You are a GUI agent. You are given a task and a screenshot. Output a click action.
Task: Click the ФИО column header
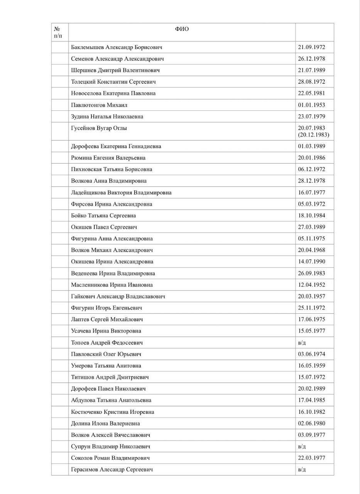(x=182, y=29)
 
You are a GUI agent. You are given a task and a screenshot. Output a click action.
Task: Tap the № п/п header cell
(x=58, y=32)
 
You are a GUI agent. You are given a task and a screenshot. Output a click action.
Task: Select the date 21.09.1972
(x=311, y=47)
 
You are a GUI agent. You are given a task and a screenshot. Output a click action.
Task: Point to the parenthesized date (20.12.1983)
(x=313, y=135)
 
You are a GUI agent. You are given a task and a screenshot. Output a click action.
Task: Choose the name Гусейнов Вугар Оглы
(x=99, y=128)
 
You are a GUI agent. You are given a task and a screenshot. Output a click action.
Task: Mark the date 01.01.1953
(x=311, y=105)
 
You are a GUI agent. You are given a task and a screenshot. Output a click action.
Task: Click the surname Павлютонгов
(x=88, y=105)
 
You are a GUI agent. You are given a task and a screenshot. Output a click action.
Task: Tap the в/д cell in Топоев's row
(x=302, y=342)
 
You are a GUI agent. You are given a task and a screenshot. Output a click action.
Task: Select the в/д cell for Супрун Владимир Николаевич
(x=302, y=447)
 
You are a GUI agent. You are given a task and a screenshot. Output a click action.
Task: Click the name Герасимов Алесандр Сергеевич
(x=112, y=469)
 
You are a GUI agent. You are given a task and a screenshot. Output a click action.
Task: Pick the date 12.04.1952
(x=311, y=285)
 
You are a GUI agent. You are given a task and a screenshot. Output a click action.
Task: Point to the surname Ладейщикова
(x=88, y=192)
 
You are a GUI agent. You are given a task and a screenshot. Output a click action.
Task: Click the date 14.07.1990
(x=311, y=261)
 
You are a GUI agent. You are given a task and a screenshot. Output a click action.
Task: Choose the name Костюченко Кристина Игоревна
(x=112, y=412)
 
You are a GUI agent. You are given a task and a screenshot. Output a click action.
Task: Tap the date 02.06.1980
(x=311, y=423)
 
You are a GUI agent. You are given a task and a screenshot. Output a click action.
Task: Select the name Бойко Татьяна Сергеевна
(x=103, y=215)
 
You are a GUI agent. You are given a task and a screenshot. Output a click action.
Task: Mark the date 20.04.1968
(x=311, y=250)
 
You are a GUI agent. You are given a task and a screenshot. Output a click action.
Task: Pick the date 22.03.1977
(x=311, y=458)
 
